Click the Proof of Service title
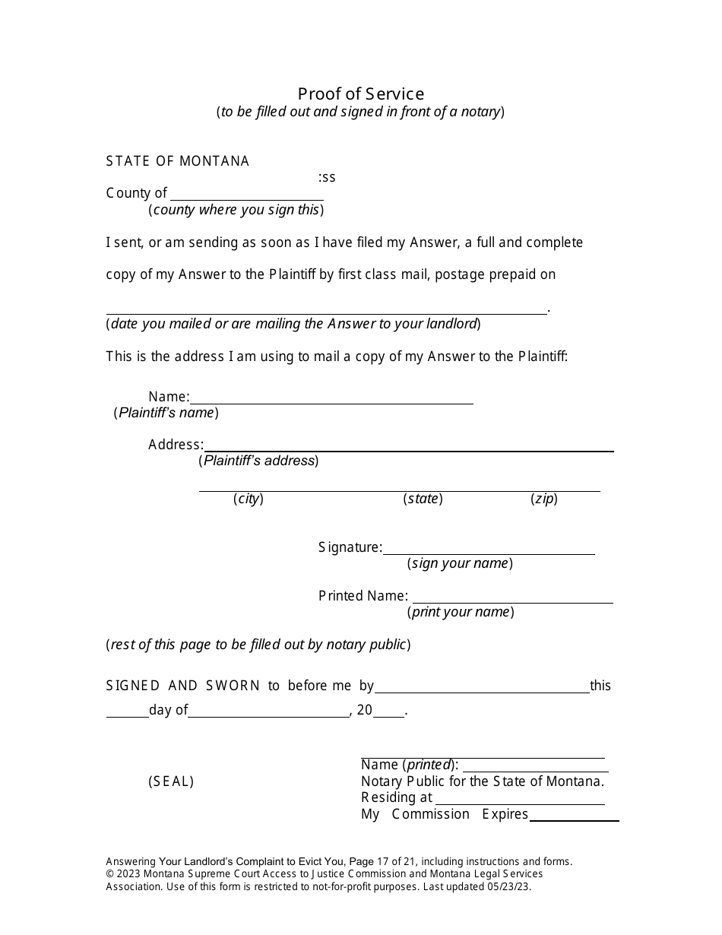click(360, 93)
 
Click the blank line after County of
click(246, 195)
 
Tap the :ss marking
click(327, 177)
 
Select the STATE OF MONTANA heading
click(178, 161)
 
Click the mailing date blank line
click(326, 309)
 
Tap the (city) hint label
click(249, 499)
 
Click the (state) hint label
click(423, 499)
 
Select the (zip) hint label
click(544, 499)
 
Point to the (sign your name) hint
click(460, 564)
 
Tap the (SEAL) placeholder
click(171, 781)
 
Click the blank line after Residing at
click(520, 800)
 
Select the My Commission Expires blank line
click(574, 816)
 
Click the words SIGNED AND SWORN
click(183, 686)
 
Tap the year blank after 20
click(388, 712)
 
